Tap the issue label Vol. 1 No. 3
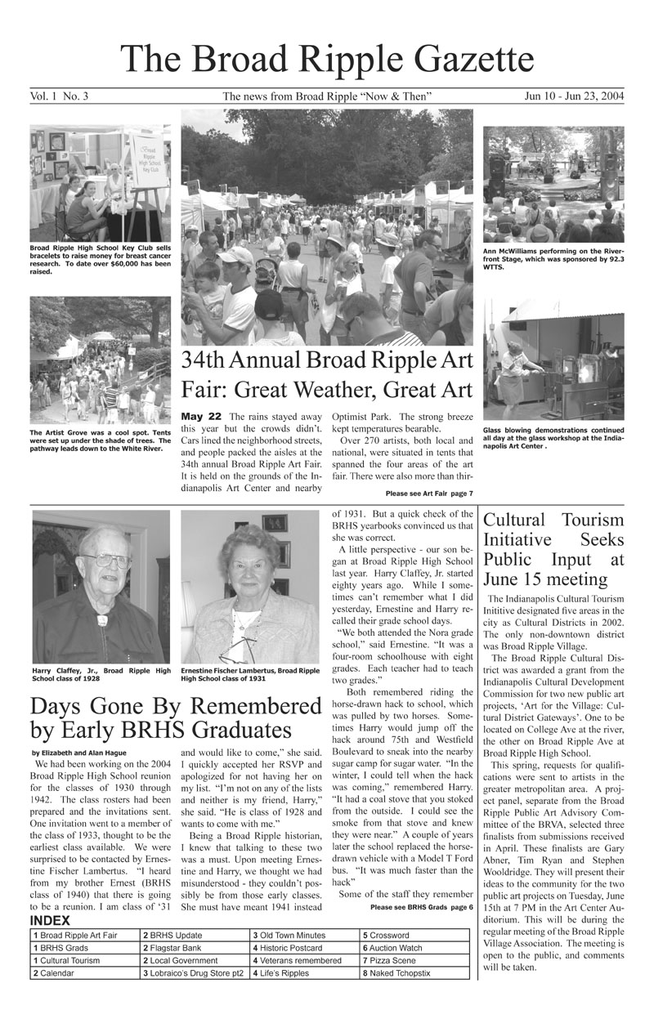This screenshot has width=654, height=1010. click(x=60, y=97)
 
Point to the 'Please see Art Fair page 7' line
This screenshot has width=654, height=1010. click(x=428, y=494)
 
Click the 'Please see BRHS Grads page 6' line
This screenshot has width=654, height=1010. click(x=421, y=907)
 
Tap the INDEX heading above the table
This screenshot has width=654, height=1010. click(x=51, y=921)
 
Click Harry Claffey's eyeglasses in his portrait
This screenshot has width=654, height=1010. click(x=107, y=561)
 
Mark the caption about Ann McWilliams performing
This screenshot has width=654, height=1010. click(x=553, y=258)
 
